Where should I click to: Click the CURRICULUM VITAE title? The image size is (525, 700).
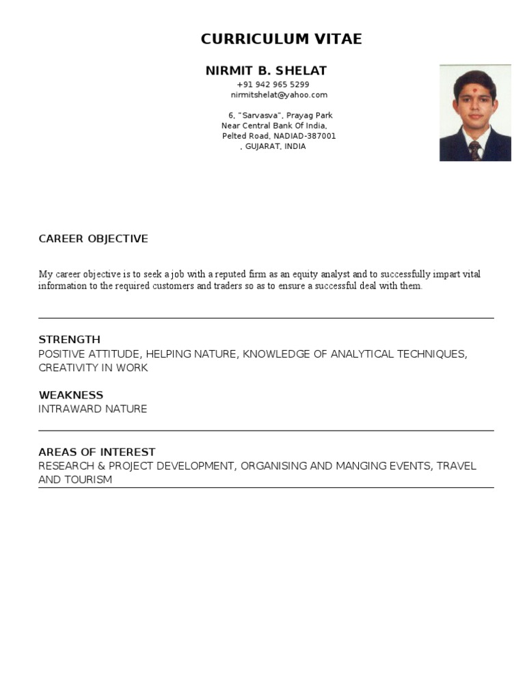(281, 40)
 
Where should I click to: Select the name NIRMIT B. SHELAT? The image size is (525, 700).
(266, 71)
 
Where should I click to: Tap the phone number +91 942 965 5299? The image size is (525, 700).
(273, 85)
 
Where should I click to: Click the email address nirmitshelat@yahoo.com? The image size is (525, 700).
(279, 95)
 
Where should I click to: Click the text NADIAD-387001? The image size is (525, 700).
(305, 136)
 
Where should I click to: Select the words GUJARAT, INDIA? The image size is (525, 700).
(275, 146)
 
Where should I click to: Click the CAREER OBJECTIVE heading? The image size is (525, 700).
(93, 239)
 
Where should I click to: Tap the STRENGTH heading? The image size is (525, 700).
(69, 339)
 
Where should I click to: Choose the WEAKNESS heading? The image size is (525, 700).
(70, 395)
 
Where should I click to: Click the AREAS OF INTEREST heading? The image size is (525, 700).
(96, 452)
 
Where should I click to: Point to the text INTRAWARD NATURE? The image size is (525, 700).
(92, 409)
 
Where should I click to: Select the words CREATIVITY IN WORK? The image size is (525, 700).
(93, 368)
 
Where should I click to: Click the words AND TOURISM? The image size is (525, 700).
(75, 480)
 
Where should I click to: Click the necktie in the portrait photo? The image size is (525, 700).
(474, 150)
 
